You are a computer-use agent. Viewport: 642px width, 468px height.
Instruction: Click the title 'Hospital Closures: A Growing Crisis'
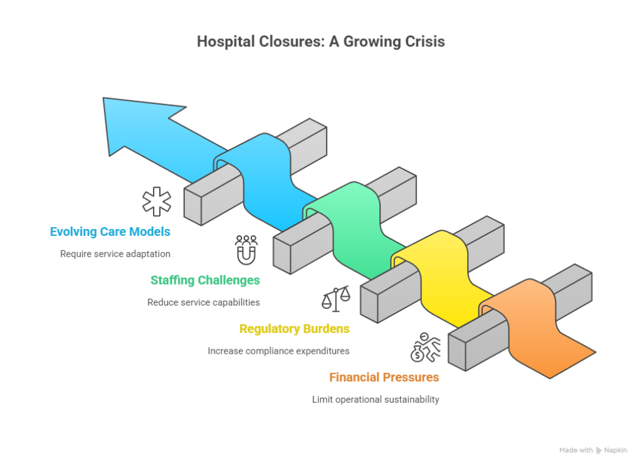click(320, 43)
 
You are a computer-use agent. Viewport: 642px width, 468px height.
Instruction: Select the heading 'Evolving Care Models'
click(110, 231)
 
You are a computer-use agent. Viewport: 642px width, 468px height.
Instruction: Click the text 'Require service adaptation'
click(115, 254)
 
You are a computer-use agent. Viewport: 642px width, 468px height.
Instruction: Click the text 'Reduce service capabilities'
click(204, 302)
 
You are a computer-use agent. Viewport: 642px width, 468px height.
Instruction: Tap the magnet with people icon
click(246, 249)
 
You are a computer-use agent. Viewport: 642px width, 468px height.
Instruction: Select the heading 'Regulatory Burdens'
click(295, 328)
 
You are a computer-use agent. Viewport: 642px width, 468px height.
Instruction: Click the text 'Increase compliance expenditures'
click(279, 351)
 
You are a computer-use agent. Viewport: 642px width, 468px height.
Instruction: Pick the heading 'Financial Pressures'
click(384, 378)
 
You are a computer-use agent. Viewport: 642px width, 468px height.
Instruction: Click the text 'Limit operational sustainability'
click(376, 399)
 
